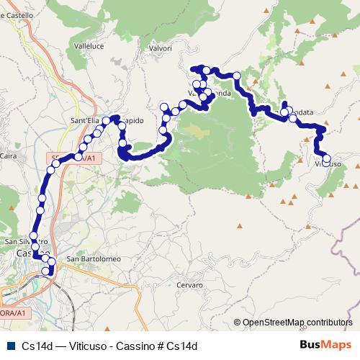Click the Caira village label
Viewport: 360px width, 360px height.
pyautogui.click(x=9, y=155)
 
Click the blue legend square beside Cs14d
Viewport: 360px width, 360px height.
pyautogui.click(x=9, y=346)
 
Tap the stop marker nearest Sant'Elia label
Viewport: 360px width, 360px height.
pyautogui.click(x=107, y=120)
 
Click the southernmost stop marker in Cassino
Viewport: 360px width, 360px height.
pyautogui.click(x=48, y=271)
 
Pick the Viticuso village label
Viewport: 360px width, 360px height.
pyautogui.click(x=328, y=165)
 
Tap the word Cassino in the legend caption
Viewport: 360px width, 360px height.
pyautogui.click(x=144, y=346)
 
